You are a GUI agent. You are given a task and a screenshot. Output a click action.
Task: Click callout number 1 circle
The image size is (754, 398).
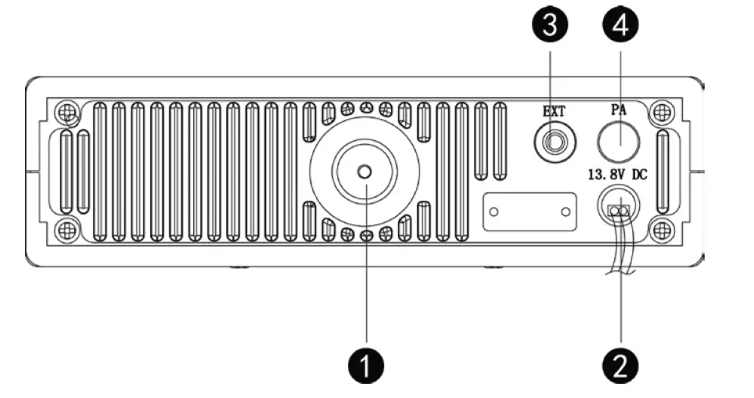click(x=365, y=365)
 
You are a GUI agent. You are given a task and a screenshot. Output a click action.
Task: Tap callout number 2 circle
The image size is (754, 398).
click(x=620, y=365)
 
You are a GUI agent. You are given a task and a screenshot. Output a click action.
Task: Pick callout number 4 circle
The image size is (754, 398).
click(x=620, y=25)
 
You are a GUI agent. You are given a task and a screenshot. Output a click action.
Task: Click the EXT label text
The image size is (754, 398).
click(x=554, y=111)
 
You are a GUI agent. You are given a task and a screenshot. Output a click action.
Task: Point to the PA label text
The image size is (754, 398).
click(x=619, y=111)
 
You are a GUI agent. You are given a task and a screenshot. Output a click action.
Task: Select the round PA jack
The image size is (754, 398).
click(x=619, y=143)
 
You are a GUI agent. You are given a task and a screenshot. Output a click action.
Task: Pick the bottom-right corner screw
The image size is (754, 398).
click(x=662, y=230)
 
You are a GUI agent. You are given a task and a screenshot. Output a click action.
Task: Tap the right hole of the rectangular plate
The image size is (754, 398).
click(x=565, y=212)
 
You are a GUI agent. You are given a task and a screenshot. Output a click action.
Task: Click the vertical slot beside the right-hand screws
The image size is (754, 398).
click(x=662, y=172)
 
